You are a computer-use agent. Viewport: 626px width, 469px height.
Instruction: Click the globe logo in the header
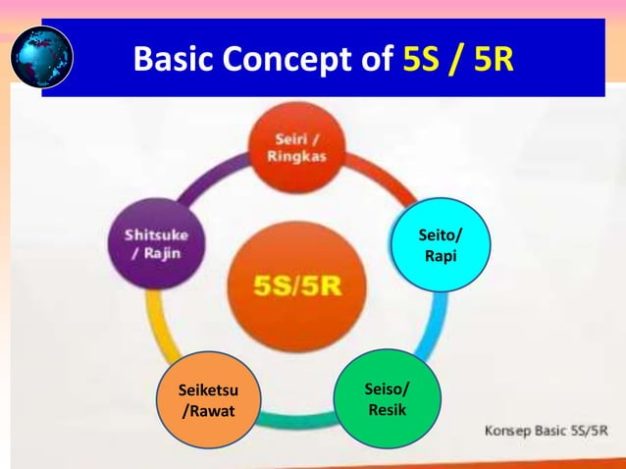point(42,57)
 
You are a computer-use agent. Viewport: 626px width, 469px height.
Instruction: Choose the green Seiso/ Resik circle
point(387,400)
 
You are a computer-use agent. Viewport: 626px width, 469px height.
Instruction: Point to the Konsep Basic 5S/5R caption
point(547,431)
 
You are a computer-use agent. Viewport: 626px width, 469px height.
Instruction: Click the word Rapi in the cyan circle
point(439,257)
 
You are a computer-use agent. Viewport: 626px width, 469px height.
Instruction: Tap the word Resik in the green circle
point(387,410)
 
